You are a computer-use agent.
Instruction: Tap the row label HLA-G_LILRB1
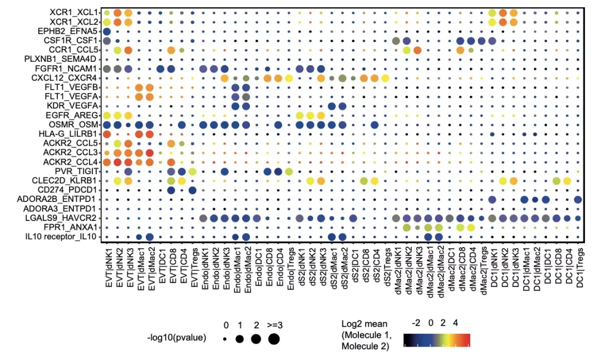pyautogui.click(x=70, y=134)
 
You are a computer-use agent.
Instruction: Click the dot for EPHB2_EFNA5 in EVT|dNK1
pyautogui.click(x=106, y=31)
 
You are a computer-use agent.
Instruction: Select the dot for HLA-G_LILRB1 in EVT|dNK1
pyautogui.click(x=106, y=134)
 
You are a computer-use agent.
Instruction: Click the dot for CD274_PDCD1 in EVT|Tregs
pyautogui.click(x=193, y=190)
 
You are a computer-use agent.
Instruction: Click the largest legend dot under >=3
pyautogui.click(x=274, y=339)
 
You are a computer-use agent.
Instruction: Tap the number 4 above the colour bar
pyautogui.click(x=456, y=323)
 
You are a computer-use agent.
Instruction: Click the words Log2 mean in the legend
pyautogui.click(x=365, y=323)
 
